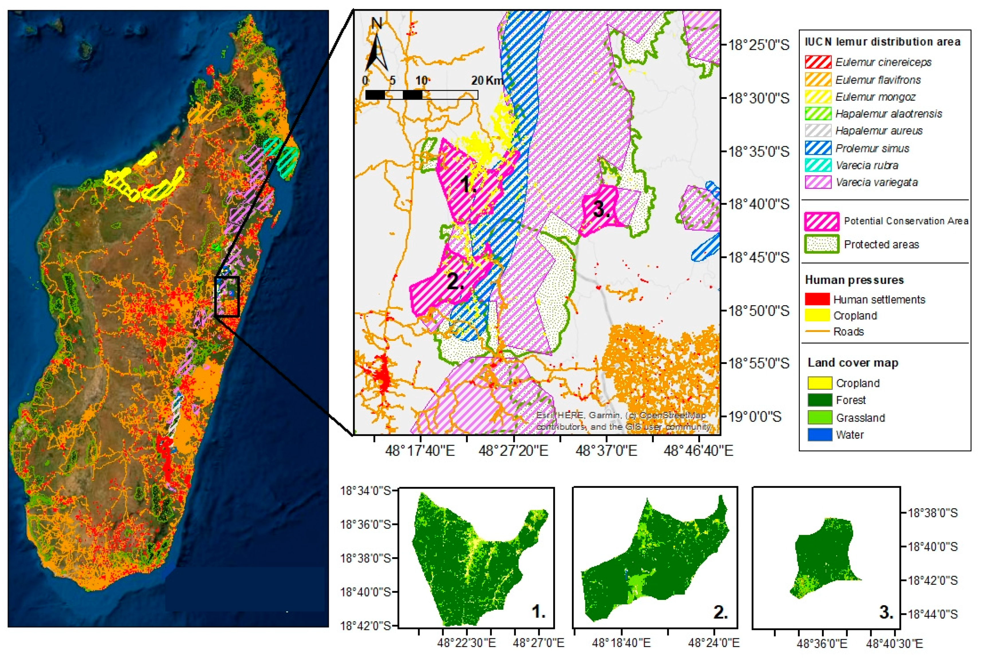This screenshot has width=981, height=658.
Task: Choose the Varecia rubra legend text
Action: (866, 165)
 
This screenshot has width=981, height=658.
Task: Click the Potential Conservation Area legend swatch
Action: (821, 221)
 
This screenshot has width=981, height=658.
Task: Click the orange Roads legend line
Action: (817, 332)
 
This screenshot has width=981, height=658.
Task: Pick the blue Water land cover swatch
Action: (819, 435)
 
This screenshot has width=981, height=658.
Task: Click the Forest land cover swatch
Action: (819, 400)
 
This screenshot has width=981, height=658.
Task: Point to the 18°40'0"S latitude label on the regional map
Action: (758, 204)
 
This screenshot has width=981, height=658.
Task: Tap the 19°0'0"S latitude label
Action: (754, 417)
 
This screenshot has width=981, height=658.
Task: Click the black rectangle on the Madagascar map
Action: (227, 296)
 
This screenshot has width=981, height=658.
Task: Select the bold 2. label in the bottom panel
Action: (720, 613)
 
